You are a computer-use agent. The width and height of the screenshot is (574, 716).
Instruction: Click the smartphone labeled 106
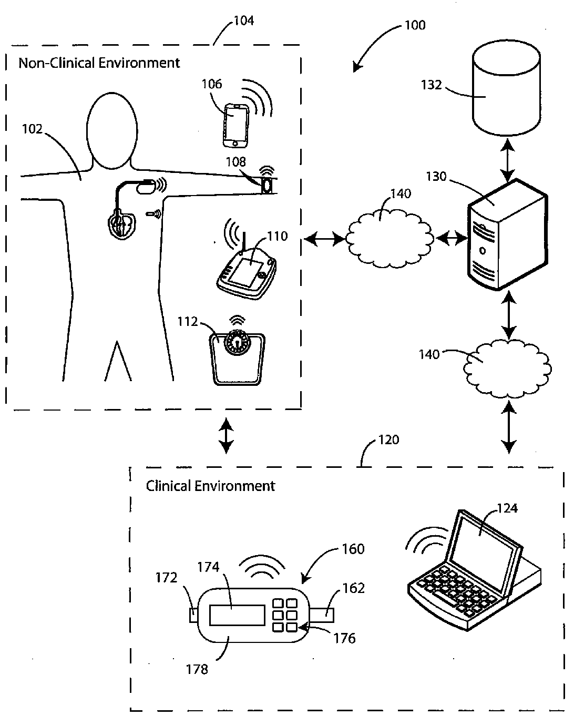tap(236, 126)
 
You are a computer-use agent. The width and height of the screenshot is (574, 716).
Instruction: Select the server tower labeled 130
tap(507, 234)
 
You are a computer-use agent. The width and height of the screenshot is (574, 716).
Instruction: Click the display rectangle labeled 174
tap(237, 615)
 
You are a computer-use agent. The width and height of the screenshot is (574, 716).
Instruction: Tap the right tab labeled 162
tap(322, 615)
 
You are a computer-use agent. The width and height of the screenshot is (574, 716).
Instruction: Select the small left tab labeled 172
tap(193, 615)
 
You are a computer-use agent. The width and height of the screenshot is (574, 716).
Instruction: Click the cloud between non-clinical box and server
tap(389, 239)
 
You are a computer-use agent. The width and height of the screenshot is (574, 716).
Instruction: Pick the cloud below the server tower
tap(507, 369)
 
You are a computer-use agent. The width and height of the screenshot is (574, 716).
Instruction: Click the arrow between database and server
tap(508, 160)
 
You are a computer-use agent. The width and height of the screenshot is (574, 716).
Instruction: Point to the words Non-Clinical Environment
tap(99, 63)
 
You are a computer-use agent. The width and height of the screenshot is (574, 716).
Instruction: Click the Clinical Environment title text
tap(210, 486)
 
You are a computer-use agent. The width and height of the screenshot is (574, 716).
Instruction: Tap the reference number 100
tap(415, 25)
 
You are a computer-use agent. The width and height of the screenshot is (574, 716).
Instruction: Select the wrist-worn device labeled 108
tap(267, 185)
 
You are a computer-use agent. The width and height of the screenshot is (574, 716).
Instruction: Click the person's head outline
tap(112, 130)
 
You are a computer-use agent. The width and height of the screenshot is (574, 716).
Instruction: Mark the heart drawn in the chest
tap(122, 225)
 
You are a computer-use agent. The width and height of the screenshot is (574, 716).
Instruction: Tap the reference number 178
tap(197, 669)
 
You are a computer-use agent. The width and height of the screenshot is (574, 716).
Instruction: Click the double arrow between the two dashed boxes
tap(226, 435)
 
